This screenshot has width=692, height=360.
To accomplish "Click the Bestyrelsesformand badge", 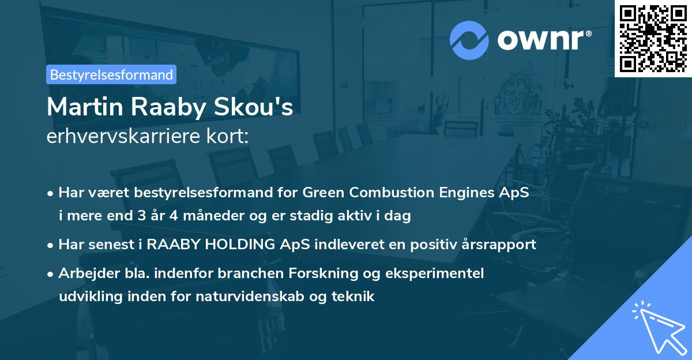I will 111,74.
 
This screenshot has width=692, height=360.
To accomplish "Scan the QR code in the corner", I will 653,38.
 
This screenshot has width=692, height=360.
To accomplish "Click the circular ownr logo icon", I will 469,40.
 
